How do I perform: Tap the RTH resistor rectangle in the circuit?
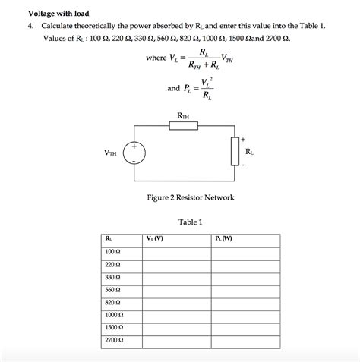tap(182, 126)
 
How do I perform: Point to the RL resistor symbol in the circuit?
tap(235, 152)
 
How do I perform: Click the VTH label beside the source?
tap(111, 153)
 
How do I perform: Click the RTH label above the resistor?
tap(183, 115)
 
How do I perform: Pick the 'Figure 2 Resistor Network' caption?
tap(191, 197)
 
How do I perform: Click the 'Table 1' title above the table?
tap(190, 222)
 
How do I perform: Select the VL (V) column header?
tap(154, 239)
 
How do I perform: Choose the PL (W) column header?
tap(224, 239)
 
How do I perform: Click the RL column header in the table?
tap(109, 239)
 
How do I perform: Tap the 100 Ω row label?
tap(113, 251)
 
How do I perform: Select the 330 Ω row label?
tap(113, 277)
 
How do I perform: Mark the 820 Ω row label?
tap(113, 302)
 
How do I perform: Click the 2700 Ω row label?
tap(115, 341)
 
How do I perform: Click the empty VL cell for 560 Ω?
tap(176, 290)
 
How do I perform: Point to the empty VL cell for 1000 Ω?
tap(176, 315)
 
